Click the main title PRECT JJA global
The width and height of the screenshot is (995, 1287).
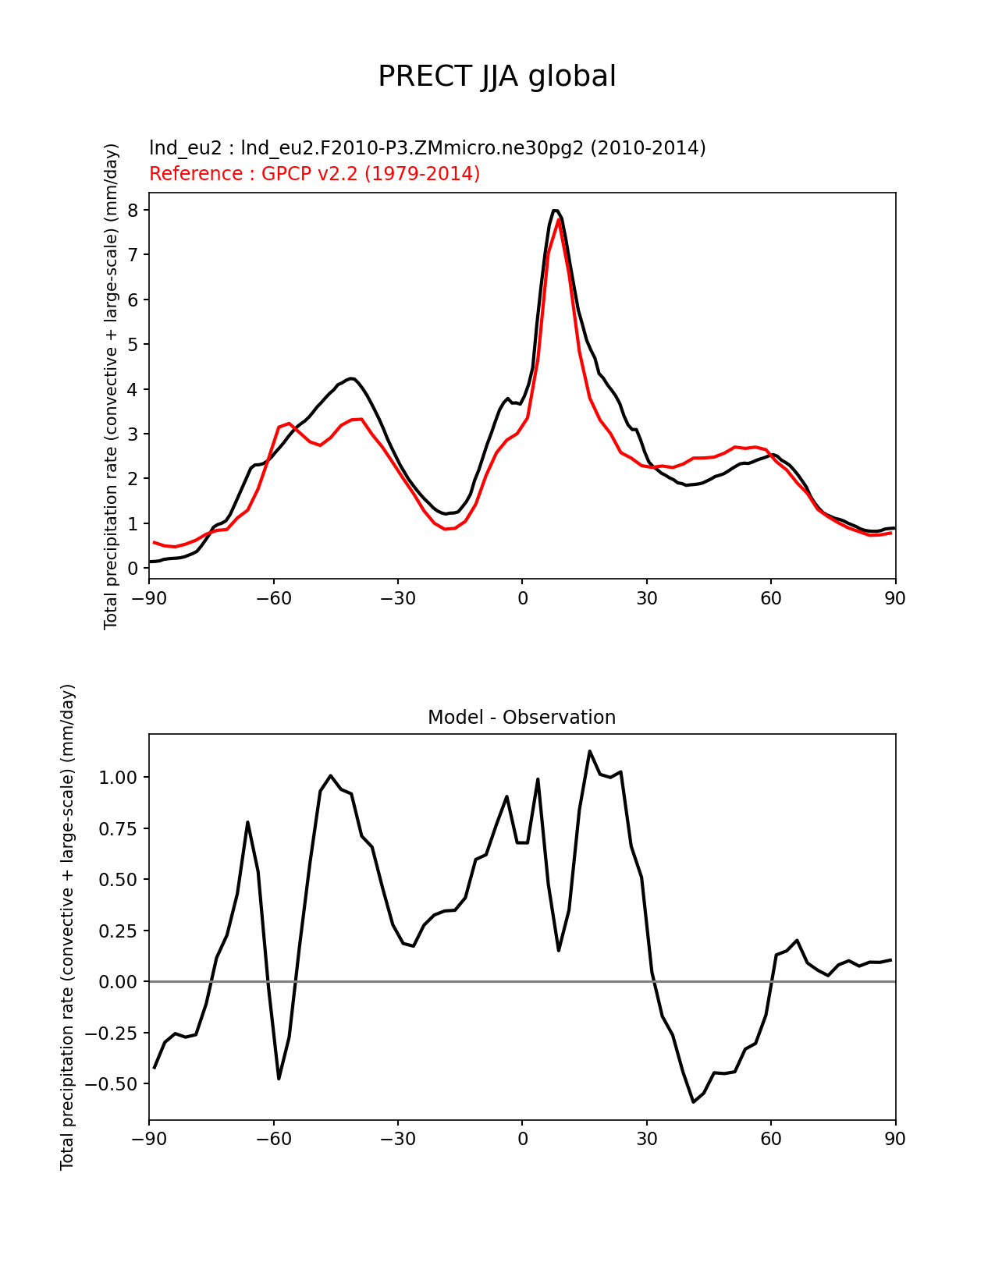pyautogui.click(x=497, y=76)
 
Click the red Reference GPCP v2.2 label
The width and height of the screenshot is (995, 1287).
pyautogui.click(x=314, y=173)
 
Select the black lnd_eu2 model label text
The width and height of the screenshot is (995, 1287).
pyautogui.click(x=427, y=147)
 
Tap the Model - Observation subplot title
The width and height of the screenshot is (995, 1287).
pyautogui.click(x=521, y=718)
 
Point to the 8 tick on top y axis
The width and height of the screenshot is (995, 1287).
pyautogui.click(x=133, y=211)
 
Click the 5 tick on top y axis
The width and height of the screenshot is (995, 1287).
pyautogui.click(x=133, y=345)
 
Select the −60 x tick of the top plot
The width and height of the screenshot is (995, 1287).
pyautogui.click(x=274, y=598)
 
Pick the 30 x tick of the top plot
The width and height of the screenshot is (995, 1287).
pyautogui.click(x=646, y=598)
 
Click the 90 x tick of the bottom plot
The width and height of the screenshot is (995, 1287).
pyautogui.click(x=895, y=1139)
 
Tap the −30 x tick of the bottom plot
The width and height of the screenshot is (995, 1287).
pyautogui.click(x=398, y=1139)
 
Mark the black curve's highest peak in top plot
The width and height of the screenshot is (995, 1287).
pyautogui.click(x=555, y=211)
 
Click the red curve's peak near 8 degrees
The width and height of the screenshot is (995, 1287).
pyautogui.click(x=559, y=222)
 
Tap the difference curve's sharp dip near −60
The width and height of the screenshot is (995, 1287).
pyautogui.click(x=279, y=1078)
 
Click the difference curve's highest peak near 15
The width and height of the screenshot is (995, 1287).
pyautogui.click(x=589, y=751)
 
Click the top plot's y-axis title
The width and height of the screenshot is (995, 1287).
pyautogui.click(x=111, y=386)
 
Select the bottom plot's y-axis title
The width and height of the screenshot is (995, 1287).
pyautogui.click(x=67, y=927)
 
